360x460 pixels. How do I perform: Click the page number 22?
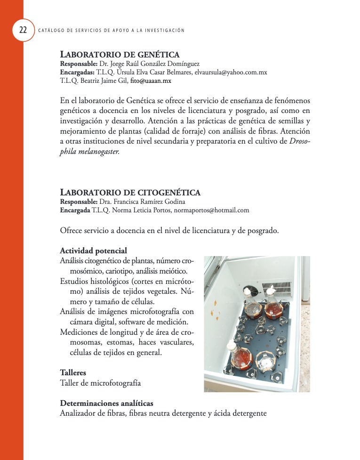23,31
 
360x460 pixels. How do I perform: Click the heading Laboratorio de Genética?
120,55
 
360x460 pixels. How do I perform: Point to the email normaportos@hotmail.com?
211,210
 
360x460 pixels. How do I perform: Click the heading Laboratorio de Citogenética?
130,193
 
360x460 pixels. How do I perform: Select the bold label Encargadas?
77,73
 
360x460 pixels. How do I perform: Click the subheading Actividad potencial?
93,250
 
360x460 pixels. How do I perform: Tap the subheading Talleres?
73,372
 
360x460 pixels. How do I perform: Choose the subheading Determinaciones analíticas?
106,404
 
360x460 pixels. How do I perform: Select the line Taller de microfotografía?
100,383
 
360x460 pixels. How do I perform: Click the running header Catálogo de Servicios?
111,31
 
